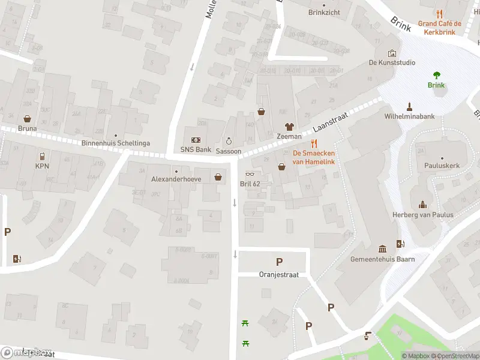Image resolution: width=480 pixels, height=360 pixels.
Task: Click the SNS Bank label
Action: pyautogui.click(x=196, y=149)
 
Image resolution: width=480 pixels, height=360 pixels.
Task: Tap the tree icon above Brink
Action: pyautogui.click(x=436, y=75)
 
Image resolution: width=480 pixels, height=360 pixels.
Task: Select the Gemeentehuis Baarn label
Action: pyautogui.click(x=382, y=259)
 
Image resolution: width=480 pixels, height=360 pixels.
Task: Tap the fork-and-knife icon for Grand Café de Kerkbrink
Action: pyautogui.click(x=440, y=14)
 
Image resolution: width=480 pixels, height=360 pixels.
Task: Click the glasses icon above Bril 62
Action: pyautogui.click(x=250, y=174)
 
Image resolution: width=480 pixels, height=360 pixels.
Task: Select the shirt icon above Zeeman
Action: pyautogui.click(x=289, y=127)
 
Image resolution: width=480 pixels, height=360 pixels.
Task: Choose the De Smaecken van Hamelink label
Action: pyautogui.click(x=314, y=157)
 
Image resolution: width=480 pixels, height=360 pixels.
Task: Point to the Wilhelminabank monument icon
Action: pyautogui.click(x=409, y=107)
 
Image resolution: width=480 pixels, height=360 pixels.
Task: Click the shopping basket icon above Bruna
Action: pyautogui.click(x=28, y=118)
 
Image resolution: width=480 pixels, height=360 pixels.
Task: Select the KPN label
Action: pyautogui.click(x=42, y=166)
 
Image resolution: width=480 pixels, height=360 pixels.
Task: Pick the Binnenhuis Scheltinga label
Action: pyautogui.click(x=116, y=143)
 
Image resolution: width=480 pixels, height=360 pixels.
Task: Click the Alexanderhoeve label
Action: pyautogui.click(x=176, y=179)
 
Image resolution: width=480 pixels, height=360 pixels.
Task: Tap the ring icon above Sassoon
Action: pyautogui.click(x=228, y=141)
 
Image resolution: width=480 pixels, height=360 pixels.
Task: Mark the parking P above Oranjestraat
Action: pyautogui.click(x=278, y=262)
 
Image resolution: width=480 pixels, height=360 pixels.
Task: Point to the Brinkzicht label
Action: pyautogui.click(x=325, y=12)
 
